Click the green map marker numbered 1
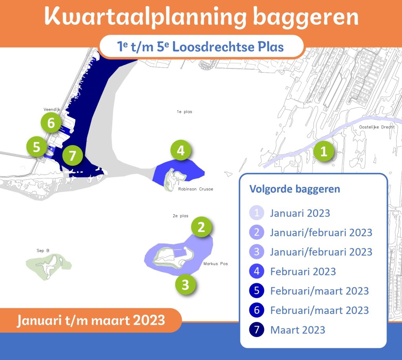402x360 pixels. [323, 151]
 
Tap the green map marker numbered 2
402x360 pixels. [201, 227]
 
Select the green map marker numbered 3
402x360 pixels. [185, 284]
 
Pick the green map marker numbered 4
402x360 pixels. [181, 150]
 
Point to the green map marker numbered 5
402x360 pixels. [37, 147]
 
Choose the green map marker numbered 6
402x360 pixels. [51, 123]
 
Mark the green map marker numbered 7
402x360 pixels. [73, 155]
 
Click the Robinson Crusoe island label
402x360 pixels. [196, 189]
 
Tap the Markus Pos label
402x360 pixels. [216, 264]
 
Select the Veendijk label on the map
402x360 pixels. [52, 110]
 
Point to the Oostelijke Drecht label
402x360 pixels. [377, 127]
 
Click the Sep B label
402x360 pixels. [43, 250]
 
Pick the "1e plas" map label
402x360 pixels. [185, 112]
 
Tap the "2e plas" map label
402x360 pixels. [181, 216]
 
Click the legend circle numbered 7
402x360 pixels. [257, 329]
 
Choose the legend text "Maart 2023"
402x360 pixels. [298, 330]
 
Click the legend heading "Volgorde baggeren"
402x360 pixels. [295, 189]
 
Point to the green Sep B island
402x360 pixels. [48, 267]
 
